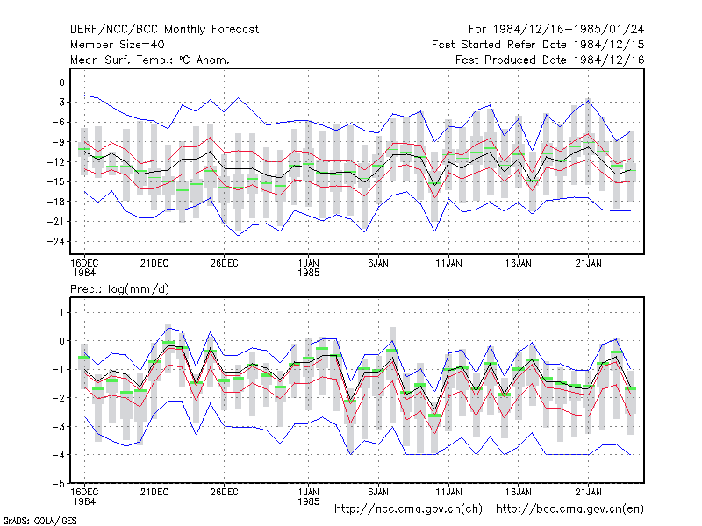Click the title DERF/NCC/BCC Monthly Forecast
[x=164, y=30]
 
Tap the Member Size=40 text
[x=118, y=45]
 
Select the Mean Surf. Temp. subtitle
[x=149, y=60]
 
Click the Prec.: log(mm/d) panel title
[x=119, y=289]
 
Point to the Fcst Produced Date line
[x=550, y=60]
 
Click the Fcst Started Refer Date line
[x=538, y=45]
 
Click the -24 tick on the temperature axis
[x=55, y=242]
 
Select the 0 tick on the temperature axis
[x=61, y=82]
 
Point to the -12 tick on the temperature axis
[x=55, y=162]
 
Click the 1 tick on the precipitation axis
[x=61, y=312]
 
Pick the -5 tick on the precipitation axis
[x=59, y=484]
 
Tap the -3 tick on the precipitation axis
[x=59, y=427]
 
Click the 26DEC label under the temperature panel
[x=224, y=264]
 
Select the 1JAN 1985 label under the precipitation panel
[x=309, y=497]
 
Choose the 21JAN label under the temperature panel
[x=588, y=264]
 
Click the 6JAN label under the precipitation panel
[x=378, y=492]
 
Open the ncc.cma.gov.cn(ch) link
[x=408, y=509]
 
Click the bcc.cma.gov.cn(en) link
[x=569, y=509]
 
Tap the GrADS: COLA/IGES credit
[x=39, y=521]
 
